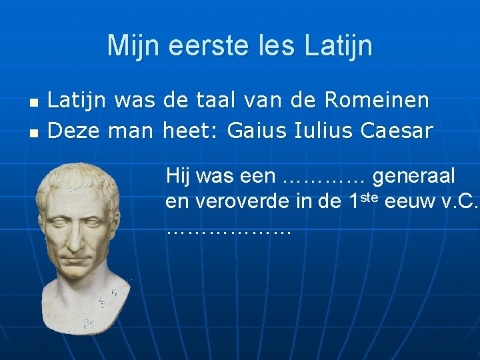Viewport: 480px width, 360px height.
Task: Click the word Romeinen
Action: (377, 101)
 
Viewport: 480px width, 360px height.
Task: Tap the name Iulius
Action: (323, 131)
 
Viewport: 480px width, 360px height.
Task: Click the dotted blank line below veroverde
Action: (229, 231)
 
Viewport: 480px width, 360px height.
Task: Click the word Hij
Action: (178, 177)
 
